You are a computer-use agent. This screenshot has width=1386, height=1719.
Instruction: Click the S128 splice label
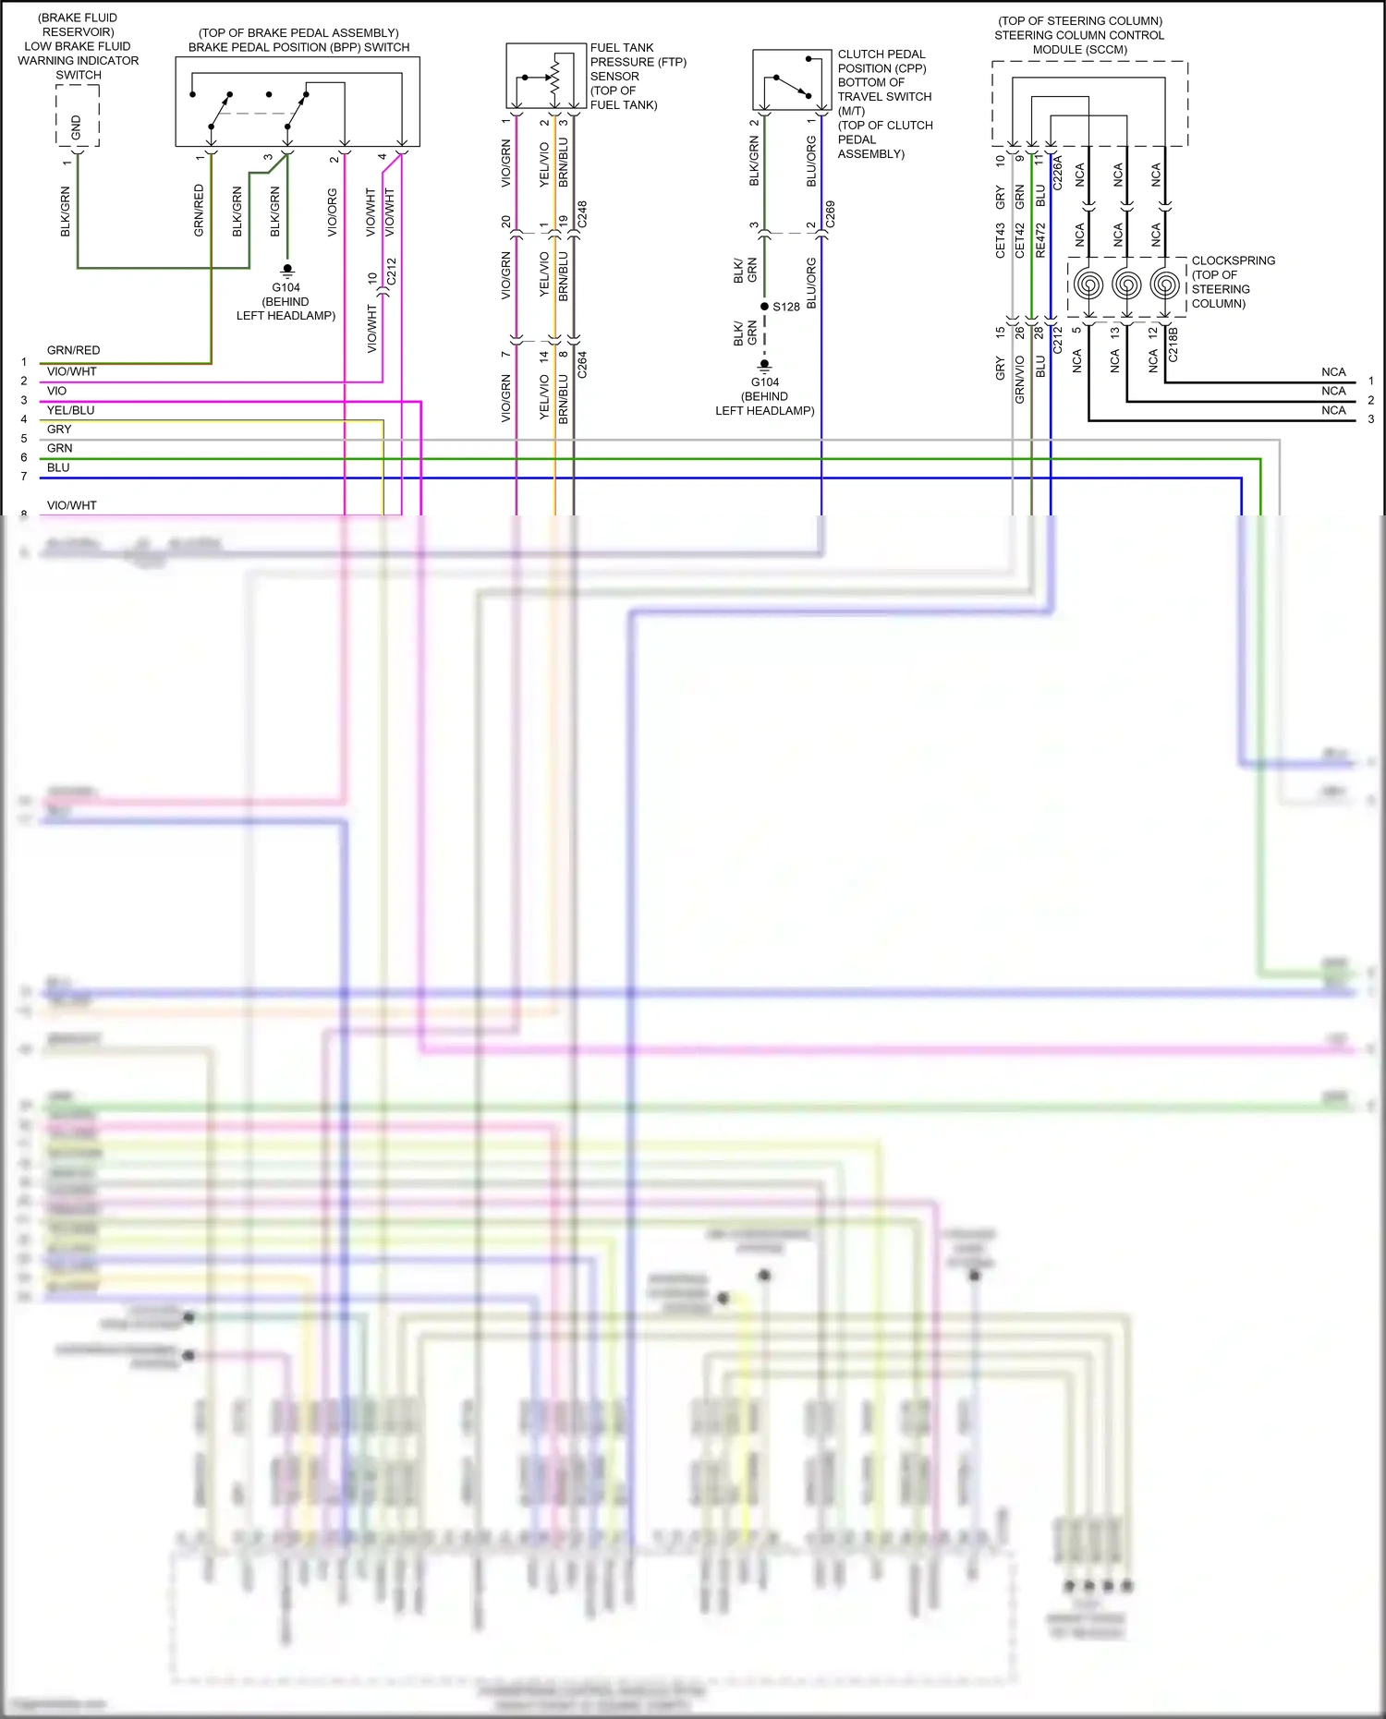point(786,307)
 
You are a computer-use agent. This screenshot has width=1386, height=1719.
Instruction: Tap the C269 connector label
point(830,214)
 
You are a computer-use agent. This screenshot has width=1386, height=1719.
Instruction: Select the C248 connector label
point(582,214)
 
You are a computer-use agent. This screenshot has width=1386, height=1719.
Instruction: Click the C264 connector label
point(582,365)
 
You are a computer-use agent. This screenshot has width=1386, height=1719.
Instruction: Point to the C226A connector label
point(1058,173)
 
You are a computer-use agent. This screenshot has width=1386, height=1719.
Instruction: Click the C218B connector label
point(1173,344)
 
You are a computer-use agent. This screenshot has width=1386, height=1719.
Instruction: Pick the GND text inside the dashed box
point(77,127)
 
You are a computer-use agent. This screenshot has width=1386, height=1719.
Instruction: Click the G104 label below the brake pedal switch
point(286,287)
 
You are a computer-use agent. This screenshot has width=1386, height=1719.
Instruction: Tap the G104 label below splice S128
point(765,381)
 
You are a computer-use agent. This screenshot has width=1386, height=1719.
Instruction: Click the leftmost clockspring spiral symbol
point(1089,284)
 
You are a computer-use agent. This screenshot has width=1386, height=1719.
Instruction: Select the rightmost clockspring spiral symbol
point(1165,284)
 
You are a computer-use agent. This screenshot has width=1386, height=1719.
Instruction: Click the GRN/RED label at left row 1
point(74,350)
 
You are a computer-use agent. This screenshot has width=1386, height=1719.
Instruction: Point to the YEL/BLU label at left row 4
point(71,410)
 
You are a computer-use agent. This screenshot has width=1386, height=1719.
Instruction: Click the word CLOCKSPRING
point(1234,260)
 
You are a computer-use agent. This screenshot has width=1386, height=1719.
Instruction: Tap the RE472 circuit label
point(1040,239)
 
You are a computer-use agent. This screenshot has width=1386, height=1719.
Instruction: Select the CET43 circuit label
point(1001,239)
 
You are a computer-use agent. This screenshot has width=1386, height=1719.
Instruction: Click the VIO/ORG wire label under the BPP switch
point(333,212)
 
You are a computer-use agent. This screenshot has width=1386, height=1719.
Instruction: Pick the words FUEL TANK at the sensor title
point(622,48)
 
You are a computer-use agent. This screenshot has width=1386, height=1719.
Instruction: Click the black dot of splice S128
point(764,306)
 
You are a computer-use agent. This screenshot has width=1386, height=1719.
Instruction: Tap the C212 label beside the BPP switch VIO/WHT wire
point(391,271)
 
